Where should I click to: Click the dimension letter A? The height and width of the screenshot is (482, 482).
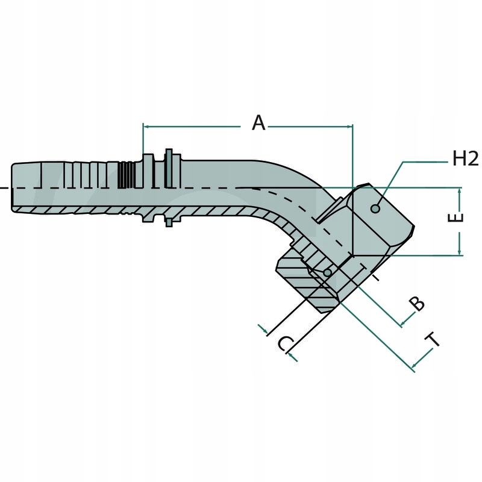pos(258,123)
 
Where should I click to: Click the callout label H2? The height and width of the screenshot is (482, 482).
pos(465,159)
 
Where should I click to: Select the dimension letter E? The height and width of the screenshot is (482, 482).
pos(458,218)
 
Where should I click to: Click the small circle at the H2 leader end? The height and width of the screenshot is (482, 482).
pos(375,208)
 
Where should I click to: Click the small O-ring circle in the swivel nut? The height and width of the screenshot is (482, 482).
pos(327,273)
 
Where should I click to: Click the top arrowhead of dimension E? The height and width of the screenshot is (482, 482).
pos(460,191)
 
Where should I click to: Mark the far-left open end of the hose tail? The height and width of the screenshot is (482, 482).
pos(13,187)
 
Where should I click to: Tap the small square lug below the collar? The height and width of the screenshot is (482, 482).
pos(170,222)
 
